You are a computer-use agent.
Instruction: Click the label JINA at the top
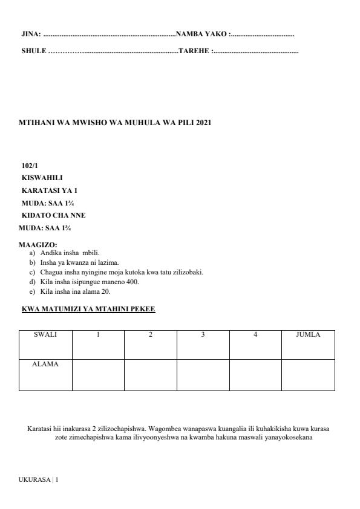(x=31, y=34)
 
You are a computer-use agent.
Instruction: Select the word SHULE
(x=33, y=52)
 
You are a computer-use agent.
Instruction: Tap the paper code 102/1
(x=30, y=165)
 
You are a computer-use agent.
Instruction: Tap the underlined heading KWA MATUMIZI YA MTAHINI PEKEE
(x=88, y=310)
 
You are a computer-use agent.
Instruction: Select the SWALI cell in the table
(x=45, y=334)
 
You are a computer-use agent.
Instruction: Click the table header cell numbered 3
(x=203, y=334)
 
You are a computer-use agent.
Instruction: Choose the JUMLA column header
(x=308, y=334)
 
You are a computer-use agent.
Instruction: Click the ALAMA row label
(x=45, y=364)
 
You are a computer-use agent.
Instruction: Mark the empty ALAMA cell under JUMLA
(x=308, y=375)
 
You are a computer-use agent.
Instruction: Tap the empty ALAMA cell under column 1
(x=98, y=375)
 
